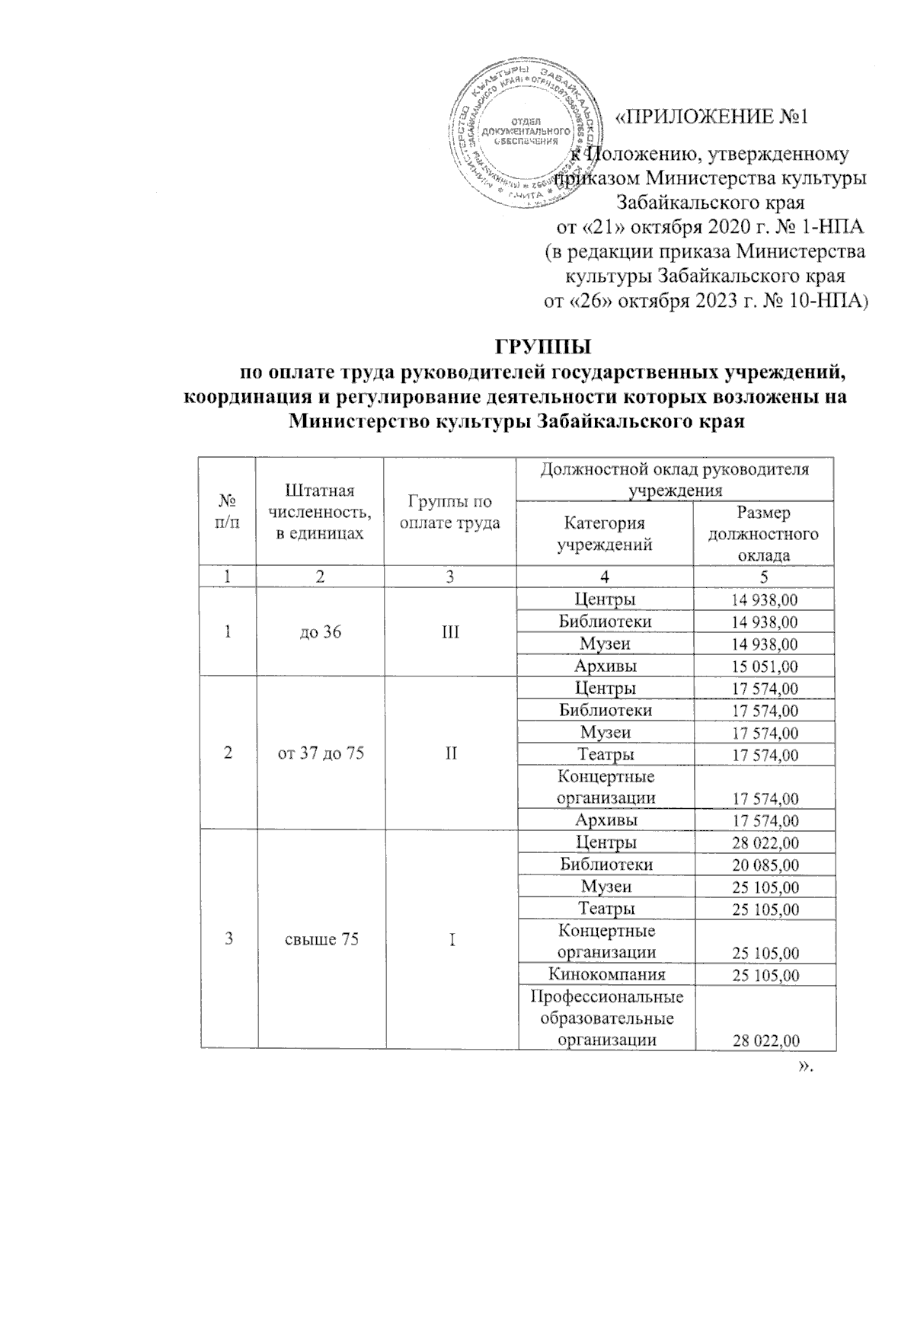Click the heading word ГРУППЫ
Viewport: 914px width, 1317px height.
coord(544,348)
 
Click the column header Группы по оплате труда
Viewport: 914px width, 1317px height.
coord(450,512)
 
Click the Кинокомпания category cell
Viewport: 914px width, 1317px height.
coord(606,974)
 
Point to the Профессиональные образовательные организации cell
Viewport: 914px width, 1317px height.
coord(606,1018)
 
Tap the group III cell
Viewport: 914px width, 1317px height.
coord(451,631)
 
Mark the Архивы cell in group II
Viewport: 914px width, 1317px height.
coord(606,820)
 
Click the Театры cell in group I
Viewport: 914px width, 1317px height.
coord(606,909)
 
